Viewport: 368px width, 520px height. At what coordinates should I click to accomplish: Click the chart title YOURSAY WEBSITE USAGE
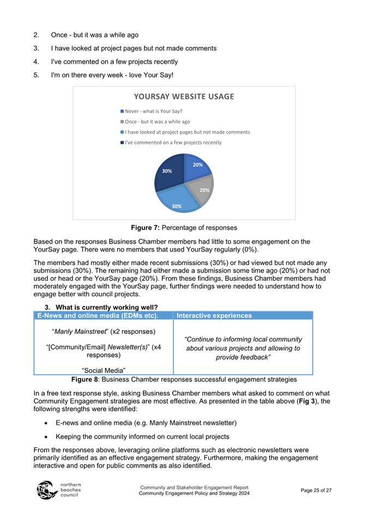[184, 97]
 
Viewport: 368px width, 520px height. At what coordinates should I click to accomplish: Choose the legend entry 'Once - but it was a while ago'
[155, 122]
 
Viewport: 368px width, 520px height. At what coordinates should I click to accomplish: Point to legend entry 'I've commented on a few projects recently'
[171, 142]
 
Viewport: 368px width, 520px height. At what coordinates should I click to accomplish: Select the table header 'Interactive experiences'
[214, 316]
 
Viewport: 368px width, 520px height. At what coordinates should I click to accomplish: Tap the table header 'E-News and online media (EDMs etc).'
[97, 316]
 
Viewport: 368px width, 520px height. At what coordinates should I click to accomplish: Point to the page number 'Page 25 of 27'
[316, 491]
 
